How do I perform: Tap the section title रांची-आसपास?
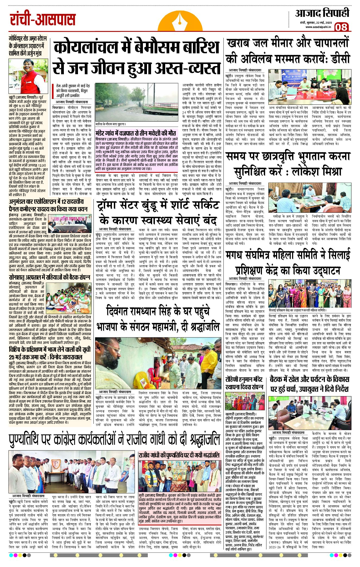coord(43,20)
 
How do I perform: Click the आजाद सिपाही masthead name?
coord(322,13)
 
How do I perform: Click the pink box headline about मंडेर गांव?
coord(136,133)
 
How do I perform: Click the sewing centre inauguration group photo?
coord(309,293)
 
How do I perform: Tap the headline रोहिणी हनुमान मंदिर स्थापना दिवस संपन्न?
coord(244,383)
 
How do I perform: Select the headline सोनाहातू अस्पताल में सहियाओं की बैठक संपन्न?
coord(49,277)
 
